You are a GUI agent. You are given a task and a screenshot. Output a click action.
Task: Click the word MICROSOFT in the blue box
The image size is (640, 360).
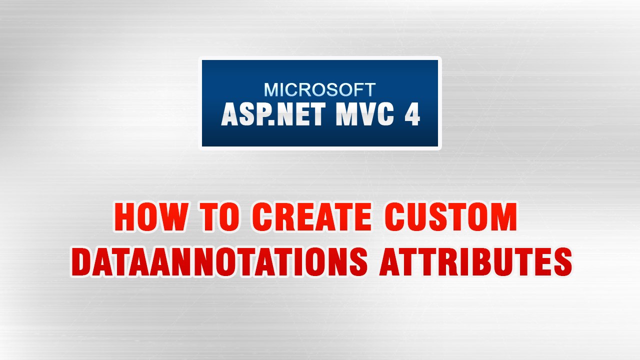[319, 90]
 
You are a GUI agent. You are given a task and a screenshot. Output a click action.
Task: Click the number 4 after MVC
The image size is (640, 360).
[411, 115]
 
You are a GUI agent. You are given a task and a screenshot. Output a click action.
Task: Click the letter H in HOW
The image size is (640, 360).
[126, 218]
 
